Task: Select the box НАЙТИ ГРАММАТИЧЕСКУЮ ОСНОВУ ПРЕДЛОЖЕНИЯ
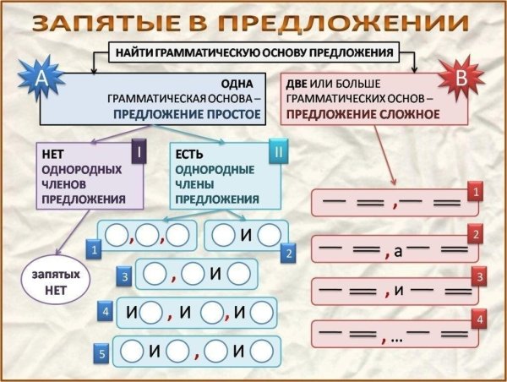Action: coord(253,52)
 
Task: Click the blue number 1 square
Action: coord(95,250)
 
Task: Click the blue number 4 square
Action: coord(106,312)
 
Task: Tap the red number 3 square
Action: coord(478,277)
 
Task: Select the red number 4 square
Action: coord(478,320)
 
